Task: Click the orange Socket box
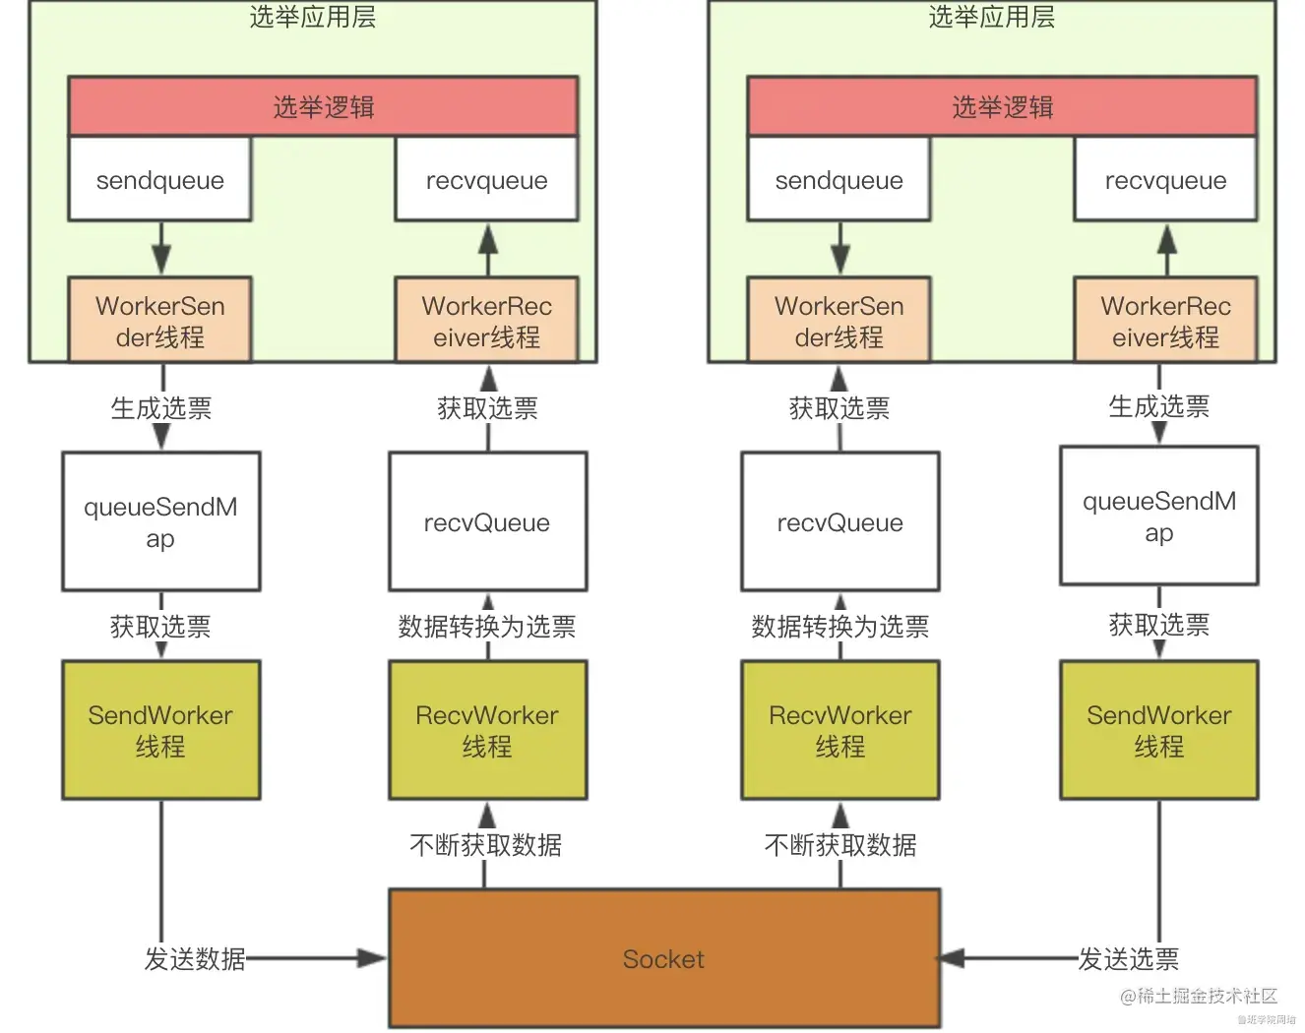664,958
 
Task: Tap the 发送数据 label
195,958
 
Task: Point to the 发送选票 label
1128,958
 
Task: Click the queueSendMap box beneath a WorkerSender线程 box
161,521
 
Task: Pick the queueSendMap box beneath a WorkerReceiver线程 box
1158,516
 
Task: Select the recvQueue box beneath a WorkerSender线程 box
839,521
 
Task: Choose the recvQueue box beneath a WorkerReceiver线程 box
487,521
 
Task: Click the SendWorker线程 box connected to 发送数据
161,730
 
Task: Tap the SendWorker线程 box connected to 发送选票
1158,730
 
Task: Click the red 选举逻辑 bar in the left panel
323,106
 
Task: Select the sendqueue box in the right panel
839,180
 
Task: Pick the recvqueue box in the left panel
486,180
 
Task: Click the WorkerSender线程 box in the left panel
160,321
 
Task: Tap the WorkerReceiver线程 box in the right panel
1165,321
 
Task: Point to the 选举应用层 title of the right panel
991,17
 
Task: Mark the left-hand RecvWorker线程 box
487,730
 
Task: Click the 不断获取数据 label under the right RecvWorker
840,844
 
